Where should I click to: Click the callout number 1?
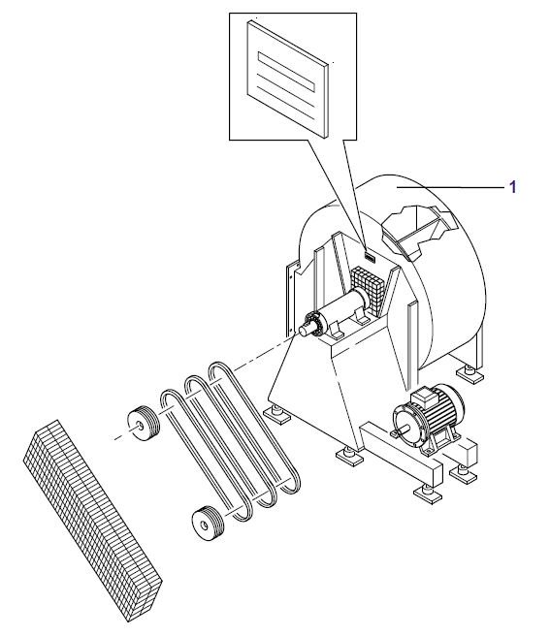512,187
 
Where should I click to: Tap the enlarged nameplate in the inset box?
287,80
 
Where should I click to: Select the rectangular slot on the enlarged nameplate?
286,72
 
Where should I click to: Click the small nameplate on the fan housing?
370,256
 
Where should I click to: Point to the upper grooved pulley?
144,424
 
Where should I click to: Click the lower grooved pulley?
208,524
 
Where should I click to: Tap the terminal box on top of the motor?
425,397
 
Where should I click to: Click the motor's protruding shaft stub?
404,430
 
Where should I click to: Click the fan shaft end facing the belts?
305,330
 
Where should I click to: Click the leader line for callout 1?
450,187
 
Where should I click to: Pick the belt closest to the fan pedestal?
254,427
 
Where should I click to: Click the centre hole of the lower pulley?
205,526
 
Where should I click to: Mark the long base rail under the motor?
402,453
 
